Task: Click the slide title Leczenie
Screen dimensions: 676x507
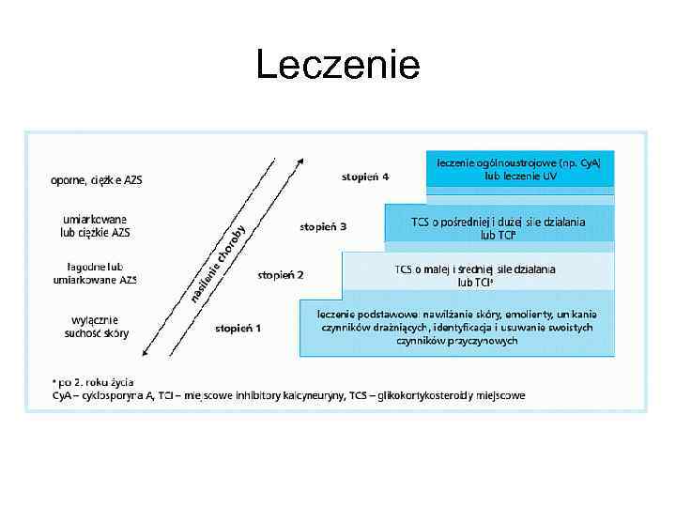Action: point(338,66)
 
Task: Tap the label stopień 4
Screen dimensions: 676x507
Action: point(365,176)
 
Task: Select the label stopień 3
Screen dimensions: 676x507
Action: point(323,226)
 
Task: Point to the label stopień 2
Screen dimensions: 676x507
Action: point(281,275)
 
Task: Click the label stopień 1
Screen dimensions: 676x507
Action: point(238,328)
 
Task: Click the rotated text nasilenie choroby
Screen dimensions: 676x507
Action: point(219,265)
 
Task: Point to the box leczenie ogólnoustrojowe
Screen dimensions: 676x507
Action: point(519,169)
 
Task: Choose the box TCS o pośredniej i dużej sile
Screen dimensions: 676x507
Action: point(498,227)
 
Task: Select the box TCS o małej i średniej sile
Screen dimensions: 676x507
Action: point(475,275)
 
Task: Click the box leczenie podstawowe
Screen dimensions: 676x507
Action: point(456,327)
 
